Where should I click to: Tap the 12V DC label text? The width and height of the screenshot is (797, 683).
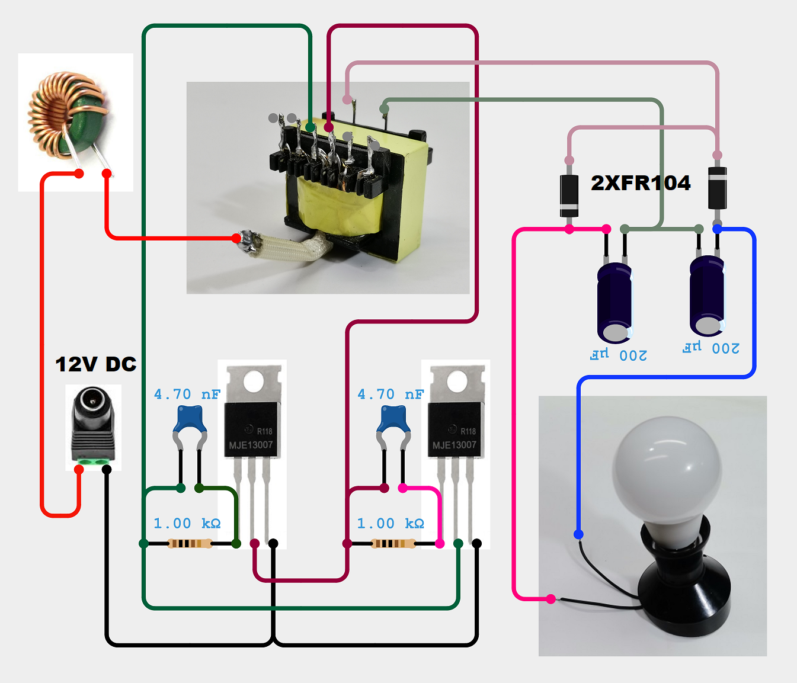(x=96, y=364)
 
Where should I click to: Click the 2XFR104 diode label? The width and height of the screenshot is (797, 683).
(x=641, y=183)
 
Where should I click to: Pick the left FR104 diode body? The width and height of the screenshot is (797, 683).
(x=569, y=195)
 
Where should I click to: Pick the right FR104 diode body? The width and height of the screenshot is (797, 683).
(x=717, y=188)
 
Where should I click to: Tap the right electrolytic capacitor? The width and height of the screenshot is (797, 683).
(x=707, y=294)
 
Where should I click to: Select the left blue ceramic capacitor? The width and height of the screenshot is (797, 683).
(x=190, y=419)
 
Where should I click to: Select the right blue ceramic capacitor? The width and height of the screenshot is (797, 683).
(x=393, y=419)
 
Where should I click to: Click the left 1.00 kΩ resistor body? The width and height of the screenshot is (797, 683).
(x=190, y=543)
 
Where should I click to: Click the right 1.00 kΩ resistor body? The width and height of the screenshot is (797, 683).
(x=393, y=543)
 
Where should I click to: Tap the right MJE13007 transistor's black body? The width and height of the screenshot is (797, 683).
(x=456, y=430)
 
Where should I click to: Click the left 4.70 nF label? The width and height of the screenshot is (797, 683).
(x=187, y=395)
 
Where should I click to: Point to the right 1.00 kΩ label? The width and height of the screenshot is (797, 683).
(x=391, y=524)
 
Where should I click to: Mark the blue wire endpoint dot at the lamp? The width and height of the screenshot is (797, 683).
(x=578, y=534)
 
